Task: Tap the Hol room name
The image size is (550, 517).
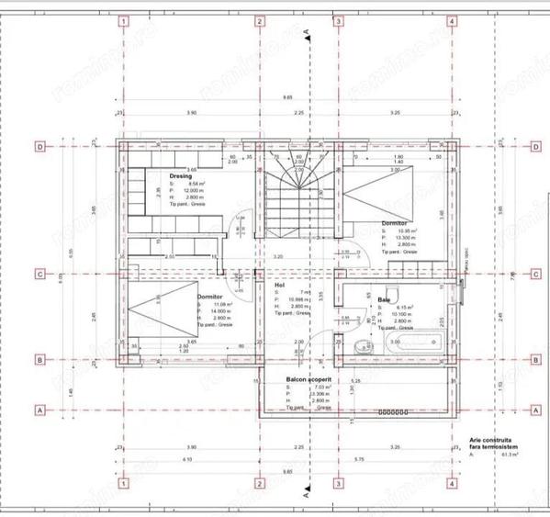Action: point(280,286)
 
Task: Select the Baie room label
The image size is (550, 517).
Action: point(384,298)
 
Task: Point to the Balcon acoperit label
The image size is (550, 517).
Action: point(295,378)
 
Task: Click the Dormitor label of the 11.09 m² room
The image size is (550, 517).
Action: point(210,297)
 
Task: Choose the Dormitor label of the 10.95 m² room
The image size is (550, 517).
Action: point(396,222)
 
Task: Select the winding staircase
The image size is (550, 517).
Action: point(296,197)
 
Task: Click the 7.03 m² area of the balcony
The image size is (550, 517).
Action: point(296,388)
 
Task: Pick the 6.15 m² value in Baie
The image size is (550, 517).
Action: point(405,307)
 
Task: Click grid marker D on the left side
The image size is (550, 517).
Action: point(40,145)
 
